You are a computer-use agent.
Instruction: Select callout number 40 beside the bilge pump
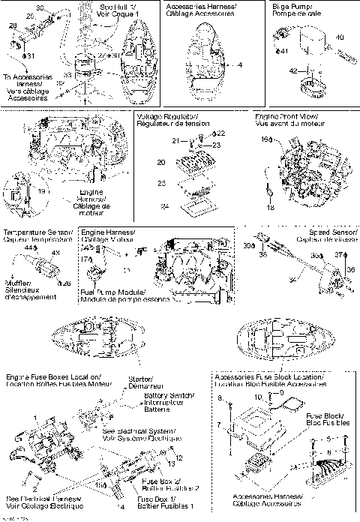click(340, 37)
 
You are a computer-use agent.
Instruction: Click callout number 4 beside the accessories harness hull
click(240, 65)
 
